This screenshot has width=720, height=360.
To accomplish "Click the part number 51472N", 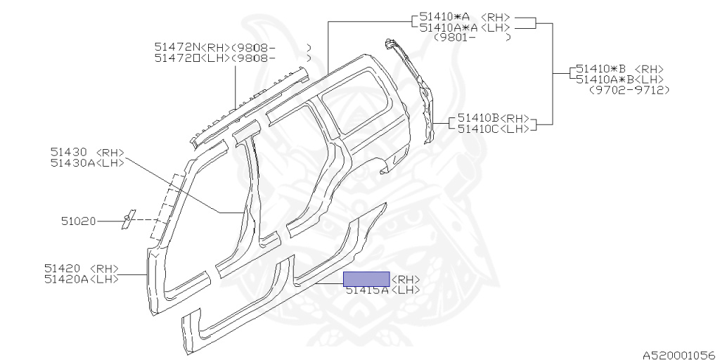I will coord(178,47).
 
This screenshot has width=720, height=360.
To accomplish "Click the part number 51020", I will coord(78,221).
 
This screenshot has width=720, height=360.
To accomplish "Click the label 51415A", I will coord(366,290).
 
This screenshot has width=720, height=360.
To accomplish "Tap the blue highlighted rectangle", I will coord(366,278).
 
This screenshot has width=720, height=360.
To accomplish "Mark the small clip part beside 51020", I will coord(127,219).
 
